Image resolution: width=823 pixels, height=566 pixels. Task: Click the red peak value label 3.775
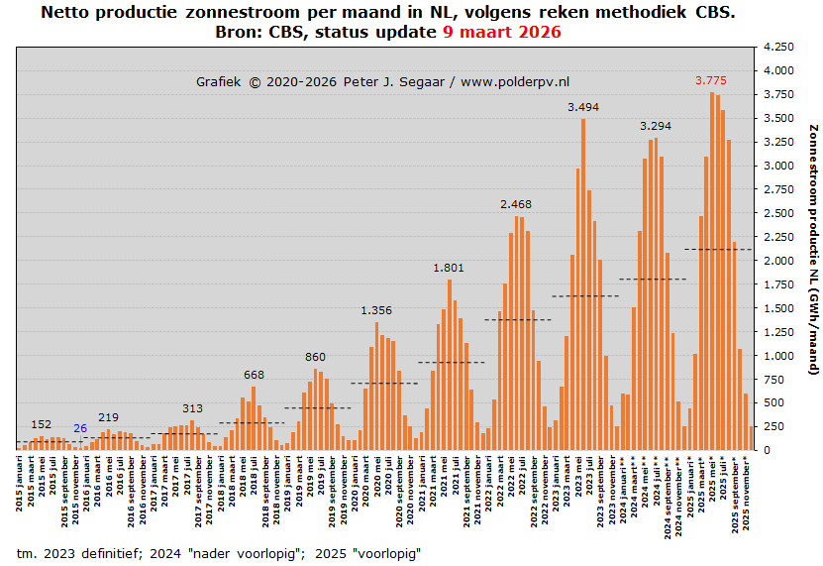(x=711, y=80)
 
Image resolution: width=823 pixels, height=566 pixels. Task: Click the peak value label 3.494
(x=582, y=107)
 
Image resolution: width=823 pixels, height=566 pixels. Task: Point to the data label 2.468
(x=516, y=204)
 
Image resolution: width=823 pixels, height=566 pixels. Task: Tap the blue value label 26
(x=80, y=428)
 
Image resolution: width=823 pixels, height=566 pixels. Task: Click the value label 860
(x=315, y=357)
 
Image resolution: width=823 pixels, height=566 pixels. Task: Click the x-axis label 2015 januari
(x=20, y=485)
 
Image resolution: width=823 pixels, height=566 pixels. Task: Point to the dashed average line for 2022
(x=516, y=319)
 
